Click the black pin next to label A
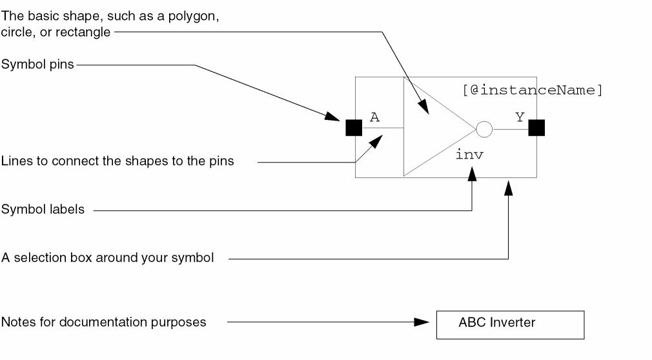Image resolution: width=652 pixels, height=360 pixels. (x=354, y=128)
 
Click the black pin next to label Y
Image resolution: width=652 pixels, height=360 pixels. (x=536, y=128)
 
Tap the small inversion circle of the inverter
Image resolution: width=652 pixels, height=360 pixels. (x=484, y=130)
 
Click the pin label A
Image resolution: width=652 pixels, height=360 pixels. (x=374, y=117)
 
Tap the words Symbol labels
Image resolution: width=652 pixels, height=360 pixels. (x=43, y=210)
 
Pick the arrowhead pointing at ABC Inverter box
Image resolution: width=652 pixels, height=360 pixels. (x=423, y=322)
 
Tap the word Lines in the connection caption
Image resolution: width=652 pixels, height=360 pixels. (x=14, y=161)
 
